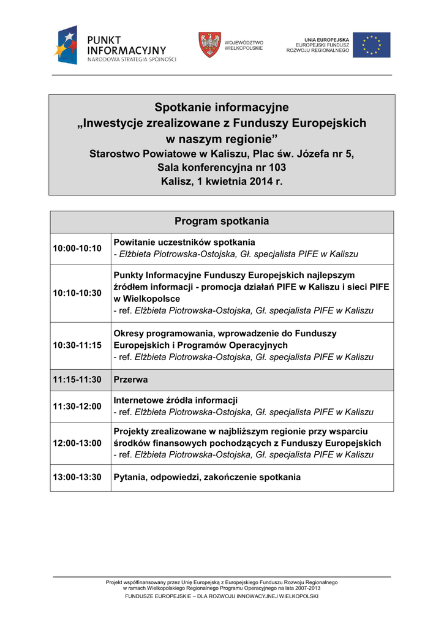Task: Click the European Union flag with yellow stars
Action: [x=371, y=45]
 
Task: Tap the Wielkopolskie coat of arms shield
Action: [x=209, y=45]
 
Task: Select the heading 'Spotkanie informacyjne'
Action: [x=221, y=108]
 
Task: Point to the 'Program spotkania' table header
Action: [x=221, y=221]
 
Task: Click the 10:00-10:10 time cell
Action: [x=77, y=248]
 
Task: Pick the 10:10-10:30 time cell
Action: [x=77, y=293]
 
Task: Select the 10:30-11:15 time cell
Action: [x=77, y=345]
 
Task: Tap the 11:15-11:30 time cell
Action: [x=77, y=380]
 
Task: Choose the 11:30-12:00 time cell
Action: [x=77, y=406]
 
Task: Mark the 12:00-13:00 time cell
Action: [x=77, y=443]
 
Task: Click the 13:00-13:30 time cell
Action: [x=77, y=478]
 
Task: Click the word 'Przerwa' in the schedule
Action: [x=130, y=380]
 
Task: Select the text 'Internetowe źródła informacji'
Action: [x=176, y=400]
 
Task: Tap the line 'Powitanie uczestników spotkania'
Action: [x=184, y=242]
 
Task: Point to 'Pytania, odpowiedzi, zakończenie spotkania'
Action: [x=207, y=478]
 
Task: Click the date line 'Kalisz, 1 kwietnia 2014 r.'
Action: [x=221, y=181]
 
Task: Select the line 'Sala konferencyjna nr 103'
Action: [x=221, y=167]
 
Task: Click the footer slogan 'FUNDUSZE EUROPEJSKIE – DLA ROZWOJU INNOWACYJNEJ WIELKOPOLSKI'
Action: [x=221, y=596]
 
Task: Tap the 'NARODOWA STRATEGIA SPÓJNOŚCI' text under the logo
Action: [x=132, y=59]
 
